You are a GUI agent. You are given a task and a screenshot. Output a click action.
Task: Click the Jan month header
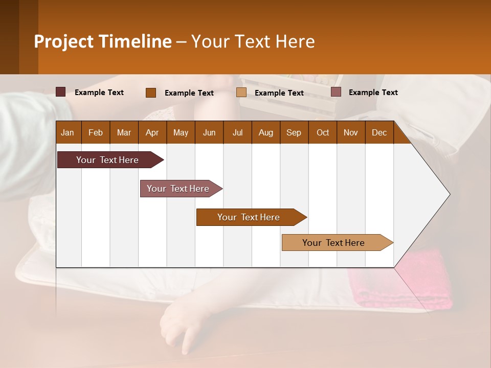(68, 132)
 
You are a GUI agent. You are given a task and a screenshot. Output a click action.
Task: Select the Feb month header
(96, 132)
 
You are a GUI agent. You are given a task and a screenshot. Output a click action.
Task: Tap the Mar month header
(124, 132)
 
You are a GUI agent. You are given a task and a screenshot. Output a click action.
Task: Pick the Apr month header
(152, 132)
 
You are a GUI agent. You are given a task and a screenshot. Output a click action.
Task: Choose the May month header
(181, 132)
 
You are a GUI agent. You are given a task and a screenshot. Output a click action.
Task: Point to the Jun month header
(209, 132)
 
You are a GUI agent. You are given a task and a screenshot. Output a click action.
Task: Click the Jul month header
(237, 132)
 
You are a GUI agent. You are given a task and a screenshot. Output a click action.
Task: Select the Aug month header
(266, 132)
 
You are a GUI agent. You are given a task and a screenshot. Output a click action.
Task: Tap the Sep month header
(294, 132)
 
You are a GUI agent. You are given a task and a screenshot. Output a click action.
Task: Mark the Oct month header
(323, 132)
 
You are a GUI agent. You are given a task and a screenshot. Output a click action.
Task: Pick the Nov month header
(351, 132)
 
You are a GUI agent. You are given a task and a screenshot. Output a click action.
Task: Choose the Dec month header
(380, 132)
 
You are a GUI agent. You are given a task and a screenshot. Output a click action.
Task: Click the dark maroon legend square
(61, 92)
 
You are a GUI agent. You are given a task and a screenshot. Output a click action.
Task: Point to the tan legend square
(241, 92)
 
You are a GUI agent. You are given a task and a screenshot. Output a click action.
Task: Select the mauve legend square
(336, 92)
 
